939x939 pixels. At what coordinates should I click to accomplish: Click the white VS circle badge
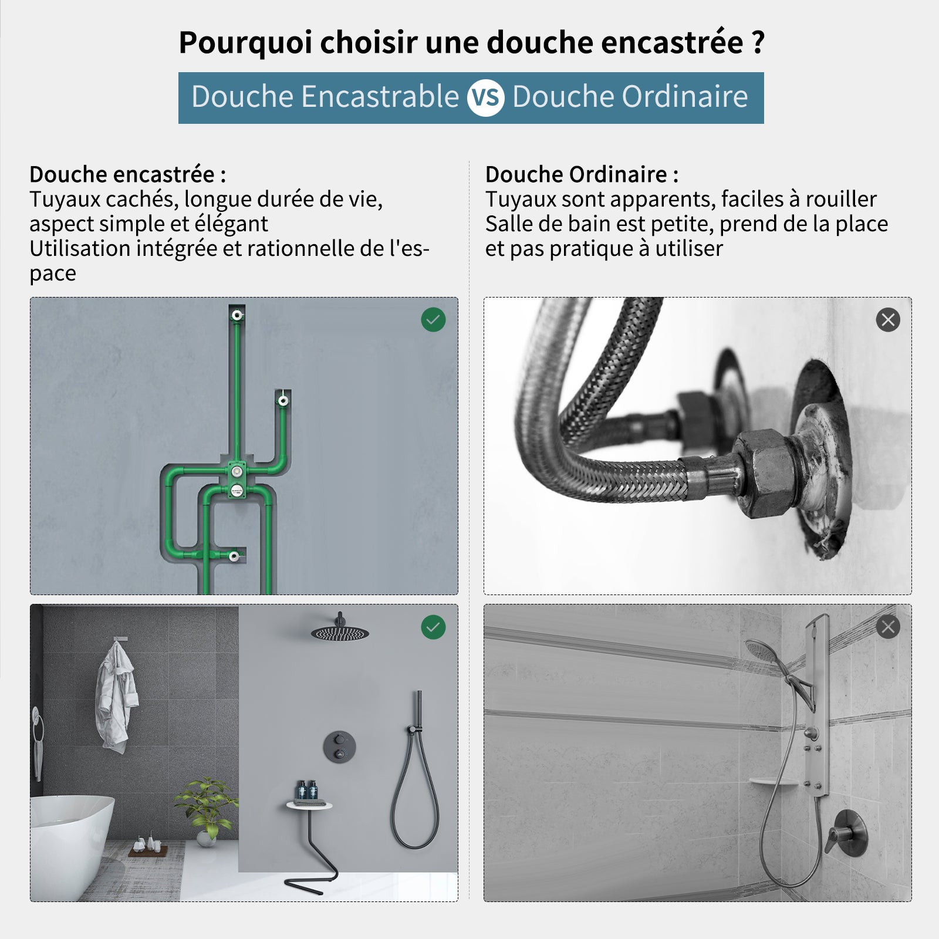(485, 98)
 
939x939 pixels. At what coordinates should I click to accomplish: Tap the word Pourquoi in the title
(245, 43)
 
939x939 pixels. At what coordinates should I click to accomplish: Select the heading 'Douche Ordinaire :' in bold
(581, 174)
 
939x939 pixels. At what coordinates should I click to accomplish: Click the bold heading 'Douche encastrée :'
(127, 174)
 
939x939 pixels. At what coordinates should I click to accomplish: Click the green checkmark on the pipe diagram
(433, 320)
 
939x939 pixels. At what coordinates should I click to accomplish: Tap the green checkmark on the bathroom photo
(433, 627)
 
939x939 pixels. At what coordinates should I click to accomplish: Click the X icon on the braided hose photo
(887, 320)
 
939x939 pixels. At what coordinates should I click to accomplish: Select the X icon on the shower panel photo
(887, 627)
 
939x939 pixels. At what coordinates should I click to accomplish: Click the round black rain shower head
(340, 633)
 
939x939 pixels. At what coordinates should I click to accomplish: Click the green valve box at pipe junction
(237, 478)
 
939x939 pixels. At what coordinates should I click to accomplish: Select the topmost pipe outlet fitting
(237, 315)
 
